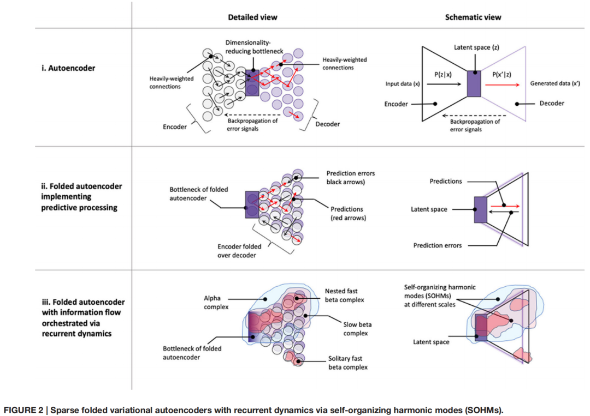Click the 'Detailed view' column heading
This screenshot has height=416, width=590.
252,17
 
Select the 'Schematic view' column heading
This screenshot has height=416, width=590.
473,17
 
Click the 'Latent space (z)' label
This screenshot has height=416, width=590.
476,48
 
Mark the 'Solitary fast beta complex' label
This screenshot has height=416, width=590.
347,363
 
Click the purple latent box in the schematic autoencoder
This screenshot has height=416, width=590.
474,84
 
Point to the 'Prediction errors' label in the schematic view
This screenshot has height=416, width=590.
438,245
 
